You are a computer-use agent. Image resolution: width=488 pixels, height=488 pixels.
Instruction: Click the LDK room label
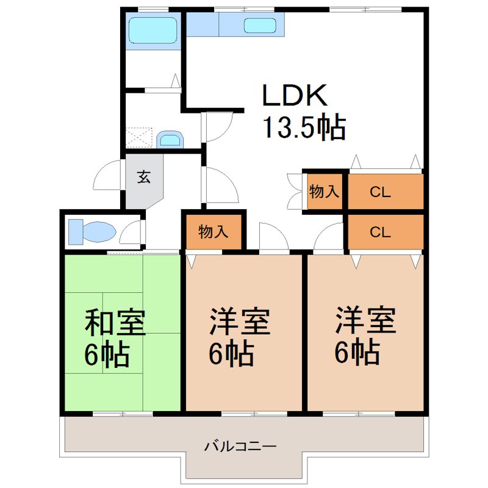[295, 96]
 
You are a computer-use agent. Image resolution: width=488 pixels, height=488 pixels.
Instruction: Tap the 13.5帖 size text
[303, 127]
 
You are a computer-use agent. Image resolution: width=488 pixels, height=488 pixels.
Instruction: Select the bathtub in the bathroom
[152, 29]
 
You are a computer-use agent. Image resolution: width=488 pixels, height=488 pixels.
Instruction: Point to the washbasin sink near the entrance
[170, 140]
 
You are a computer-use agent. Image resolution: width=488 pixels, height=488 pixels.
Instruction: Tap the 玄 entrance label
[143, 178]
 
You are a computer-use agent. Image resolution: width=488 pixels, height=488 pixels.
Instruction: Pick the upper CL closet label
[380, 192]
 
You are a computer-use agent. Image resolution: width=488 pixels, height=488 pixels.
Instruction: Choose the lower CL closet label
[380, 232]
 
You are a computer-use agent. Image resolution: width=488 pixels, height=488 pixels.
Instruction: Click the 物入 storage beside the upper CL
[324, 192]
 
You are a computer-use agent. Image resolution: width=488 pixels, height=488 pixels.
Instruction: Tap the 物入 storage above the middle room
[213, 231]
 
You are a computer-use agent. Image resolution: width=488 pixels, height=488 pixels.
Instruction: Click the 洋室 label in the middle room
[240, 322]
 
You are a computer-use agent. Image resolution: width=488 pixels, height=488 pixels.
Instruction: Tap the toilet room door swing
[131, 232]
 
